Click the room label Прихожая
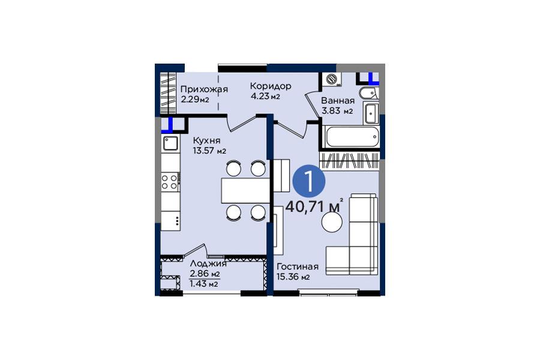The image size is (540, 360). click(204, 89)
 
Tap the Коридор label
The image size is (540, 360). click(271, 86)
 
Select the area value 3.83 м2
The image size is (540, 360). click(337, 111)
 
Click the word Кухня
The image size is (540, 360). click(206, 140)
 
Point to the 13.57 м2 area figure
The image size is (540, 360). click(209, 151)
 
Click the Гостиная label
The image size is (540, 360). click(298, 266)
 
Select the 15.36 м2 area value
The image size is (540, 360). click(293, 277)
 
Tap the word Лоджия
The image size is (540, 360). click(208, 264)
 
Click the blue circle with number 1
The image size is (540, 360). click(309, 182)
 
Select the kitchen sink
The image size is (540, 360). click(170, 143)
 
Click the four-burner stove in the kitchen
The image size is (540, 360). click(169, 182)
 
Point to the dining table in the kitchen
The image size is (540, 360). click(245, 191)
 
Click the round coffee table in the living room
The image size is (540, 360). click(332, 222)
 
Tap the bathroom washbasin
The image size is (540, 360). click(371, 113)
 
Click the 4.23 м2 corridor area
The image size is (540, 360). click(266, 96)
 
